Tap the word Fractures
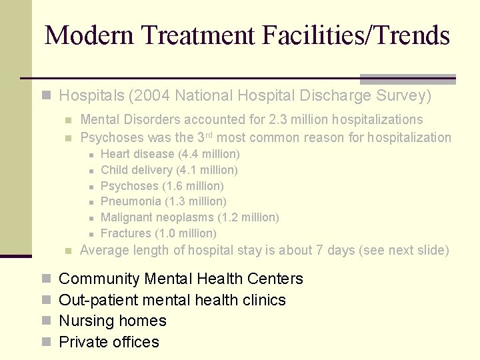125,233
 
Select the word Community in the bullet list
99,279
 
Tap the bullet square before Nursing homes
46,321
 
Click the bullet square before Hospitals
46,96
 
